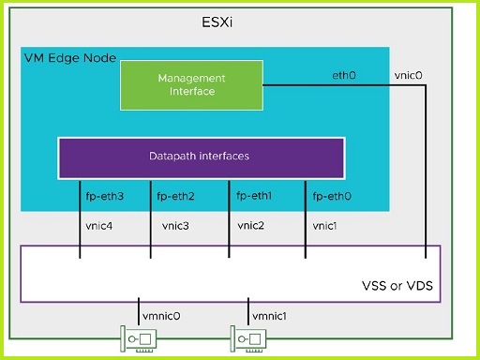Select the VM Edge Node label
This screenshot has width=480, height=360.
tap(68, 58)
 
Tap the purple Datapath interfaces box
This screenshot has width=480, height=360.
tap(198, 157)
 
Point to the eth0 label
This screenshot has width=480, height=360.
tap(345, 74)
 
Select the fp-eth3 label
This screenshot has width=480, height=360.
tap(104, 197)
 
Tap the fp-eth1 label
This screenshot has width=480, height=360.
tap(254, 196)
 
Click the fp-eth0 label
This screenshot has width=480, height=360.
tap(331, 197)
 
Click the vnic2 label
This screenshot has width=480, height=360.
tap(250, 225)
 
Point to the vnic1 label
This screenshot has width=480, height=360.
tap(325, 226)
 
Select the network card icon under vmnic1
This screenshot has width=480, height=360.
tap(247, 338)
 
